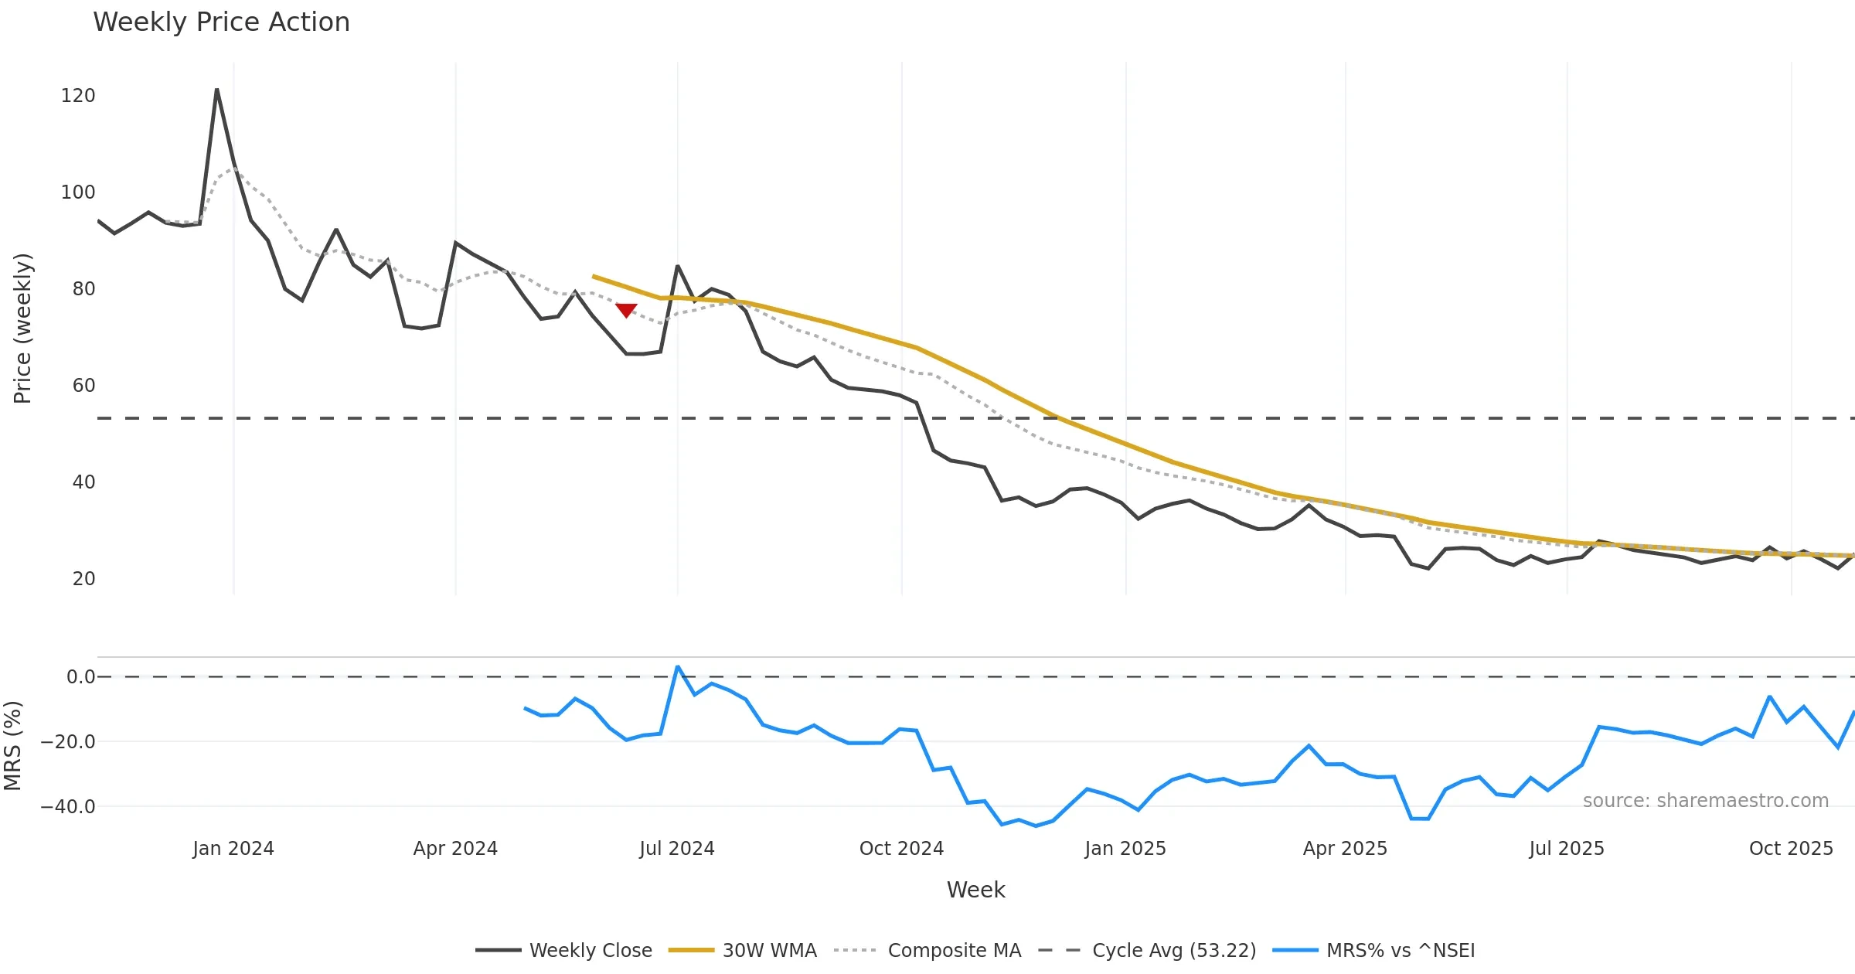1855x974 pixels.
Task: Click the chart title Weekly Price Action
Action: pyautogui.click(x=221, y=22)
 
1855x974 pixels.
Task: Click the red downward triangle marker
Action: pyautogui.click(x=626, y=310)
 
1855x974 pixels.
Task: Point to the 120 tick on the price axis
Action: pyautogui.click(x=78, y=96)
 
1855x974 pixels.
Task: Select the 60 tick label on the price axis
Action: pyautogui.click(x=83, y=386)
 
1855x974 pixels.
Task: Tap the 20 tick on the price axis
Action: pyautogui.click(x=83, y=579)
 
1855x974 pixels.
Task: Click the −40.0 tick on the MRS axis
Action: pyautogui.click(x=68, y=807)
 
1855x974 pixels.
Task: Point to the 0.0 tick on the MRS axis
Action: pyautogui.click(x=80, y=677)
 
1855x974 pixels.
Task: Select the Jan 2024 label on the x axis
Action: pyautogui.click(x=233, y=849)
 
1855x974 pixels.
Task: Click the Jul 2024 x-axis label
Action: pyautogui.click(x=677, y=849)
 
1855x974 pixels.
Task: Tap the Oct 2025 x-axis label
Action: pyautogui.click(x=1791, y=849)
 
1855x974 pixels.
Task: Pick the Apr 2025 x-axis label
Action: pyautogui.click(x=1345, y=849)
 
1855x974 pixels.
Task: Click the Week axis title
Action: pyautogui.click(x=975, y=891)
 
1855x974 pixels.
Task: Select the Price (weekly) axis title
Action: pyautogui.click(x=22, y=329)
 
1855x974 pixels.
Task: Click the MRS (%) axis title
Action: pyautogui.click(x=13, y=746)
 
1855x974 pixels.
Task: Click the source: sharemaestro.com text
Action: pyautogui.click(x=1705, y=801)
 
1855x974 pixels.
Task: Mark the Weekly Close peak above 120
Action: pyautogui.click(x=217, y=90)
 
